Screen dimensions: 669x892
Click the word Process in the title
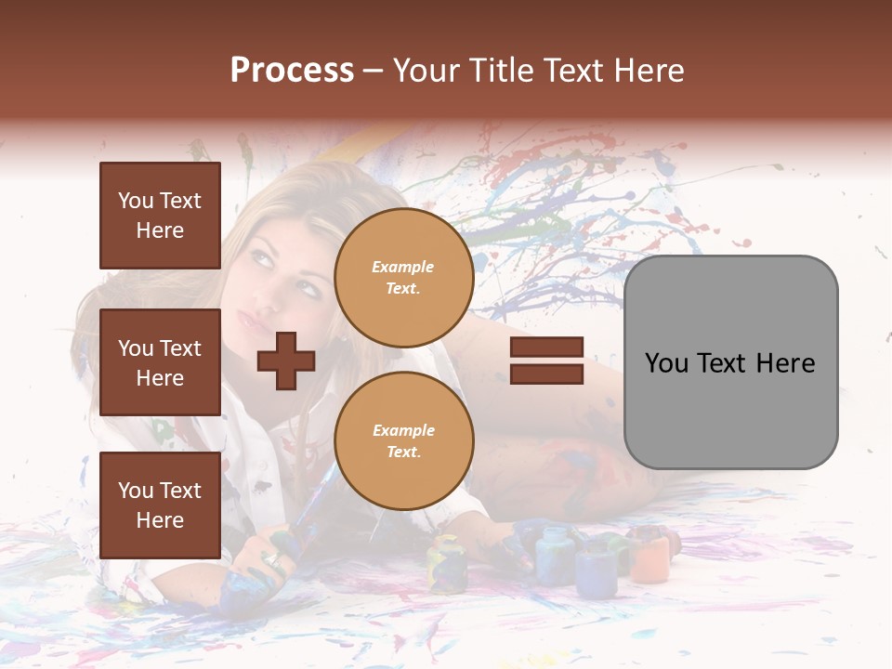[x=292, y=70]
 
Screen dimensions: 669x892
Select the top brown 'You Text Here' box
[x=160, y=216]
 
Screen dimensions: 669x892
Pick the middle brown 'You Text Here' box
[x=160, y=362]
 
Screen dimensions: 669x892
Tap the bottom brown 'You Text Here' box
[x=160, y=505]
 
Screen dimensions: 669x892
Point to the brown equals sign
[x=546, y=361]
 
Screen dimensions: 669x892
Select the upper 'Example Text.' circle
[x=403, y=278]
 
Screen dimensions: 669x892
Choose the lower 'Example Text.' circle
[x=403, y=441]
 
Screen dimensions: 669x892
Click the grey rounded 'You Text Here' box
[x=730, y=362]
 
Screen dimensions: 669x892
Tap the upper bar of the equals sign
[x=546, y=348]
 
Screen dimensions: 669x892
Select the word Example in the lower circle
[x=403, y=430]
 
